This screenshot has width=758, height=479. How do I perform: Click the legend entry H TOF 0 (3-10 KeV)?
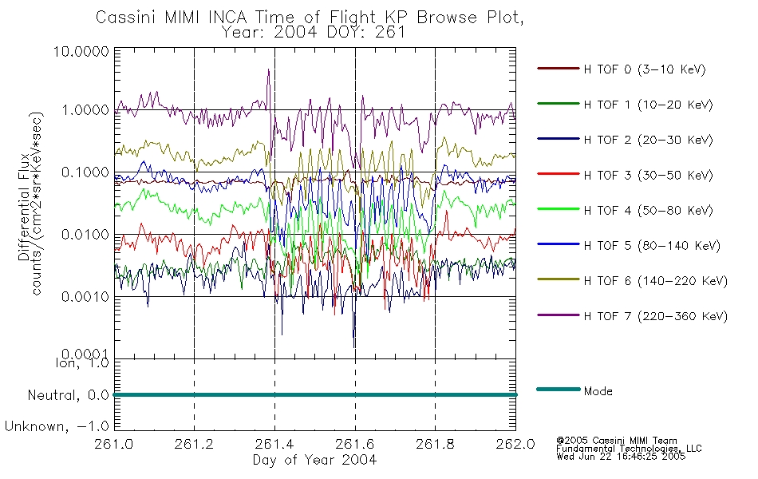tap(645, 69)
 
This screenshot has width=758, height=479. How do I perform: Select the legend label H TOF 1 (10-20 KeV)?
tap(648, 105)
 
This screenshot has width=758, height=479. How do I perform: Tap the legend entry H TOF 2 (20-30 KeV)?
tap(648, 140)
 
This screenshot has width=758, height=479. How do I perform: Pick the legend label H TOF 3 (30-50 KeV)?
tap(648, 175)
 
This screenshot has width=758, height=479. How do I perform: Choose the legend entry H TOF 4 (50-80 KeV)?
tap(648, 211)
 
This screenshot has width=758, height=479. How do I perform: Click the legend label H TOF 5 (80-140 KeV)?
tap(652, 246)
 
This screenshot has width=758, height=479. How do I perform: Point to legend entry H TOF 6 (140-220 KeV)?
tap(655, 281)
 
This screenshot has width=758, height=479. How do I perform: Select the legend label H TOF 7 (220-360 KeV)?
tap(655, 316)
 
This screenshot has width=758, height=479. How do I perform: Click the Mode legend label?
tap(598, 391)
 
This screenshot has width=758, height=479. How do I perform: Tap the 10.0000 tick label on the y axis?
tap(81, 51)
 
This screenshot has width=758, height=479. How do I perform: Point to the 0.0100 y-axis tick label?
tap(85, 235)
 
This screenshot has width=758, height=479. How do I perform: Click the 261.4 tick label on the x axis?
tap(274, 444)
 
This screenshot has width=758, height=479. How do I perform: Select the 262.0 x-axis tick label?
tap(515, 444)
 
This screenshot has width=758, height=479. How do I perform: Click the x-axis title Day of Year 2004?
tap(314, 460)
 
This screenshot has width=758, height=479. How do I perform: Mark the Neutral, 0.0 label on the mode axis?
tap(68, 396)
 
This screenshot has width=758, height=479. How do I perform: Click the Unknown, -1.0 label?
tap(57, 426)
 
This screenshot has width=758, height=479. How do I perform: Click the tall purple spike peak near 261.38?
tap(269, 69)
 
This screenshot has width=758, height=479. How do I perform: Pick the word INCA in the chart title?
tap(227, 18)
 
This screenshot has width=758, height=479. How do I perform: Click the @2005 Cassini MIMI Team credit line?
tap(616, 441)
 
